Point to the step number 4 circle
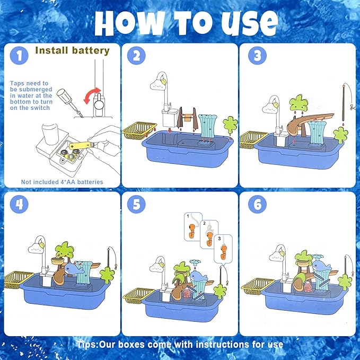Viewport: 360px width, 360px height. [20, 205]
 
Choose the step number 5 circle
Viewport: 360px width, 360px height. [137, 205]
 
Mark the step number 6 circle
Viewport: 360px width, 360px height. [257, 205]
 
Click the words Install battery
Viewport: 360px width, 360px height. [72, 51]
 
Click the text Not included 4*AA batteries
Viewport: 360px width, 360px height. [62, 182]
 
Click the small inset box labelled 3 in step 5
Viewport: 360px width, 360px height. [223, 246]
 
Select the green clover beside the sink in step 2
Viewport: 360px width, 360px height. [230, 126]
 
